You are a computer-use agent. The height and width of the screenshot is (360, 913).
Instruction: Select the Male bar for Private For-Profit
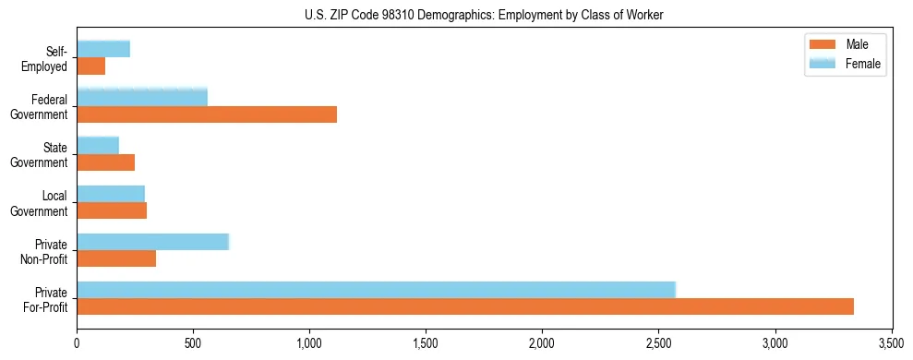(x=465, y=306)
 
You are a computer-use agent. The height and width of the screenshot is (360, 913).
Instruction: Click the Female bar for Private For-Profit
(x=377, y=290)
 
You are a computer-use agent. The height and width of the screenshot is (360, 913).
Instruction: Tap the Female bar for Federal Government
(x=142, y=97)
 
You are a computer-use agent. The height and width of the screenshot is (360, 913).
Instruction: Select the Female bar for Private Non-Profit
(x=153, y=242)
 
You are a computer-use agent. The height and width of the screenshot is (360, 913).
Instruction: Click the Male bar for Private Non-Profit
(x=116, y=258)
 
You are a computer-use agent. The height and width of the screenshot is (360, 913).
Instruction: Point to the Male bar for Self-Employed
(x=91, y=66)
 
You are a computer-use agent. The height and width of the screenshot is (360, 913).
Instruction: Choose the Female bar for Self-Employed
(x=103, y=49)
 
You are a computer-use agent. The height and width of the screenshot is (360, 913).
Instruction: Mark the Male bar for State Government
(x=106, y=162)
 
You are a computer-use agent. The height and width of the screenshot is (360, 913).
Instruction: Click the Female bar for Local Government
(x=111, y=193)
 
